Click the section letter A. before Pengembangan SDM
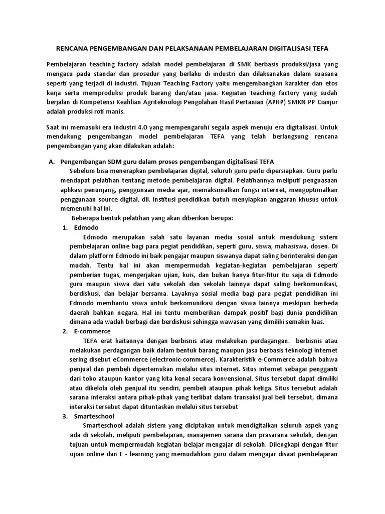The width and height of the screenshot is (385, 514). pos(51,162)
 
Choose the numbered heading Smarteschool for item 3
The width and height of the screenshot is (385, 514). pos(94,416)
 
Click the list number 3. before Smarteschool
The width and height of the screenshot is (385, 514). pos(65,416)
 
